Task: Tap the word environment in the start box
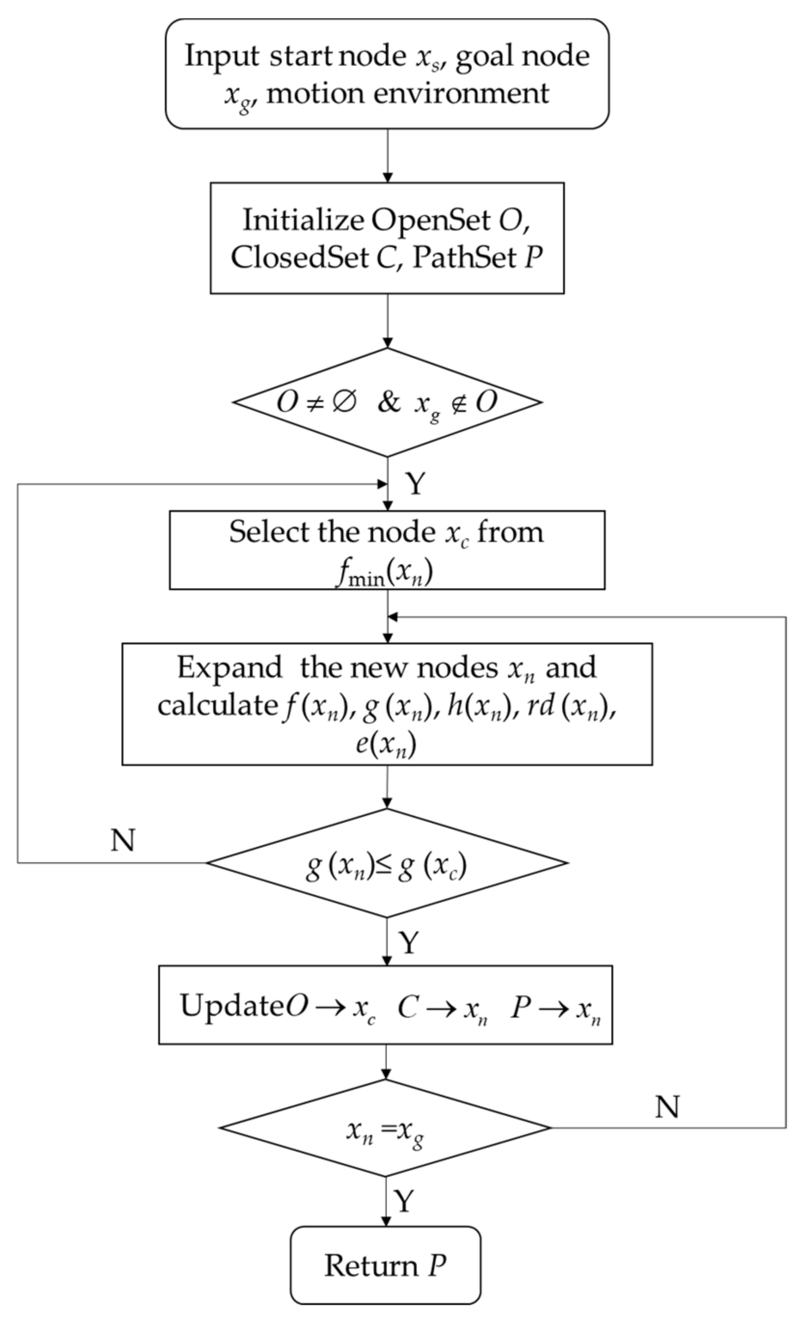point(461,94)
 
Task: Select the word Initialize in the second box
point(303,220)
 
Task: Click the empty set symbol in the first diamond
point(344,402)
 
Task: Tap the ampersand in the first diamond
point(389,402)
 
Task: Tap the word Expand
point(230,668)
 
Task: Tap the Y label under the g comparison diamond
point(409,942)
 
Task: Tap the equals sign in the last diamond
point(387,1130)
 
